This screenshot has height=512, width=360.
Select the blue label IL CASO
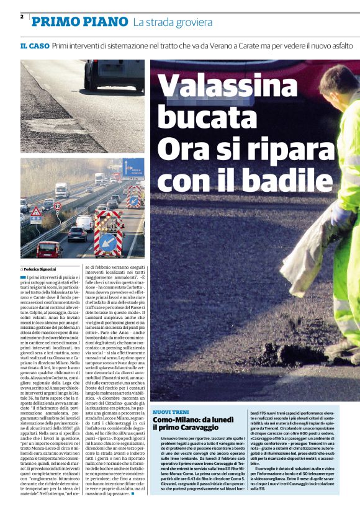pos(34,46)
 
